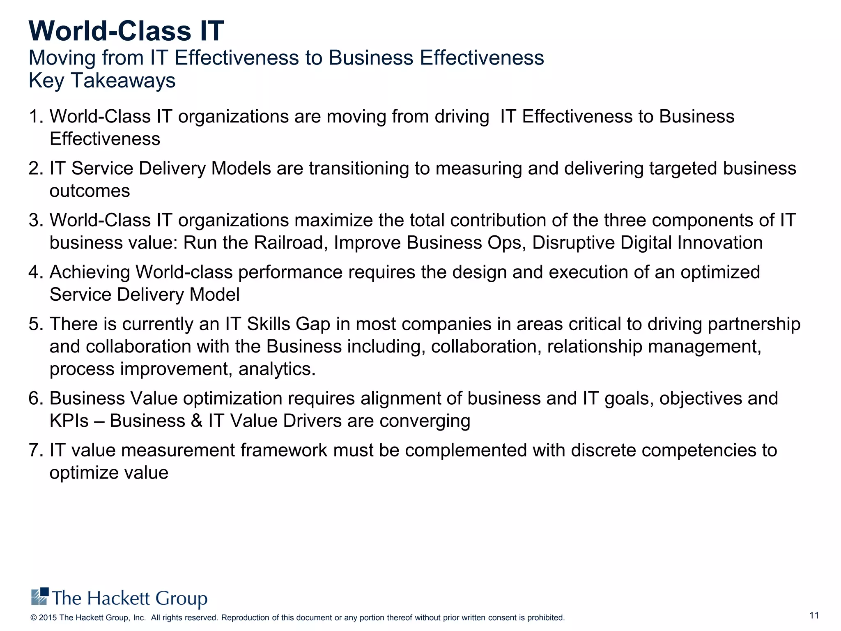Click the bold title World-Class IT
pos(126,31)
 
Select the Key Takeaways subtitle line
pos(102,80)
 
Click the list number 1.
pos(35,117)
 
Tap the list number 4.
pos(35,272)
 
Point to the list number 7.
pos(35,450)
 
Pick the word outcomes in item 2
pos(90,191)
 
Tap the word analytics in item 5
pos(277,369)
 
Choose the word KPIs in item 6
pos(69,421)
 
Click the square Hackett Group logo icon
pos(40,596)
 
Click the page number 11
pos(814,615)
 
